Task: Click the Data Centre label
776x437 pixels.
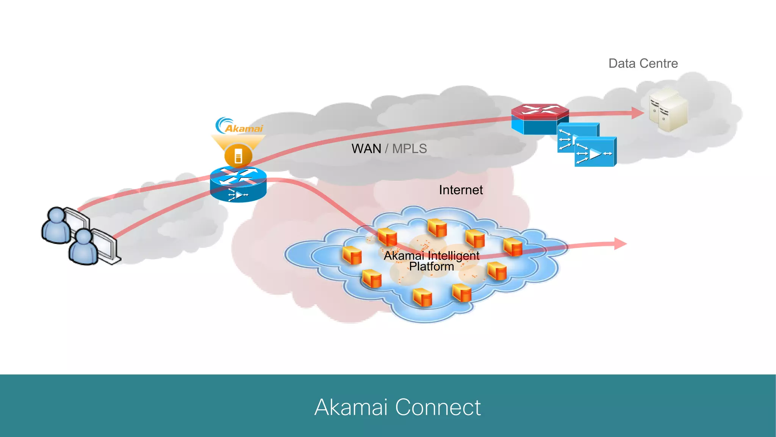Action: (643, 63)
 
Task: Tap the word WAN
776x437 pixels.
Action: (366, 149)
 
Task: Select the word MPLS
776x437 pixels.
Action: (409, 149)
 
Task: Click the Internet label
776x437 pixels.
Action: (461, 190)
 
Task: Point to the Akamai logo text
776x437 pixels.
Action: (244, 129)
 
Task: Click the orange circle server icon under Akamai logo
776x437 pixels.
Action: (238, 156)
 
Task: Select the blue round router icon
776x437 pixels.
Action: (238, 185)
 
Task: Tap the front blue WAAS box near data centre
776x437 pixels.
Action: (595, 152)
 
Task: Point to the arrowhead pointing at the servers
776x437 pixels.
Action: (637, 113)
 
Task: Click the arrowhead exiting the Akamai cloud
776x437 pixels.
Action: (620, 244)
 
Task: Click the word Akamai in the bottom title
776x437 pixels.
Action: (351, 407)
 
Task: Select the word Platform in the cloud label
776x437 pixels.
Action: (431, 267)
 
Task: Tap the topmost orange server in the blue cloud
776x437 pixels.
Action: (437, 228)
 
